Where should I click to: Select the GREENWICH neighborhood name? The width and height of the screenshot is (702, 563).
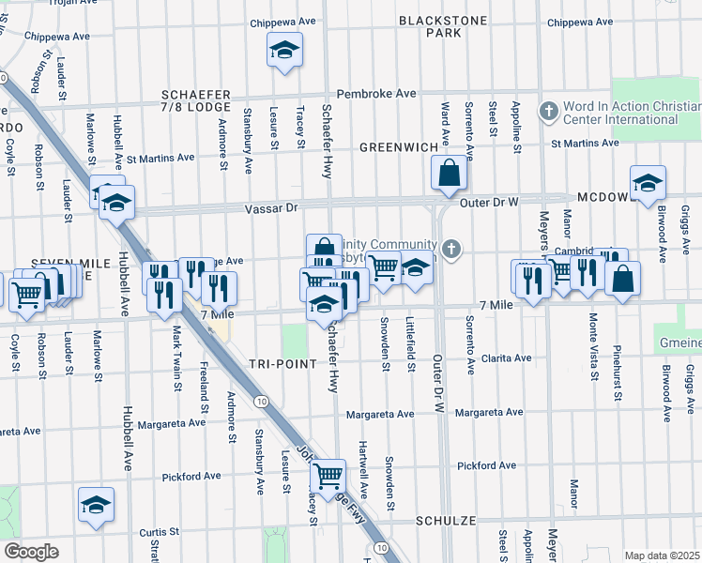[x=399, y=147]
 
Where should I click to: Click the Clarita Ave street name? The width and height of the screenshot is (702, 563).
[x=506, y=358]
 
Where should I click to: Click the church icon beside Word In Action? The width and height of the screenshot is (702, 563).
[x=549, y=112]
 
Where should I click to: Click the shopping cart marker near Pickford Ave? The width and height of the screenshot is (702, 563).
[x=328, y=475]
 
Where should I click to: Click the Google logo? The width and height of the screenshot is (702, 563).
[x=30, y=552]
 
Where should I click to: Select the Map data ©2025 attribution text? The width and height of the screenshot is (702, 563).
[x=661, y=555]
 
